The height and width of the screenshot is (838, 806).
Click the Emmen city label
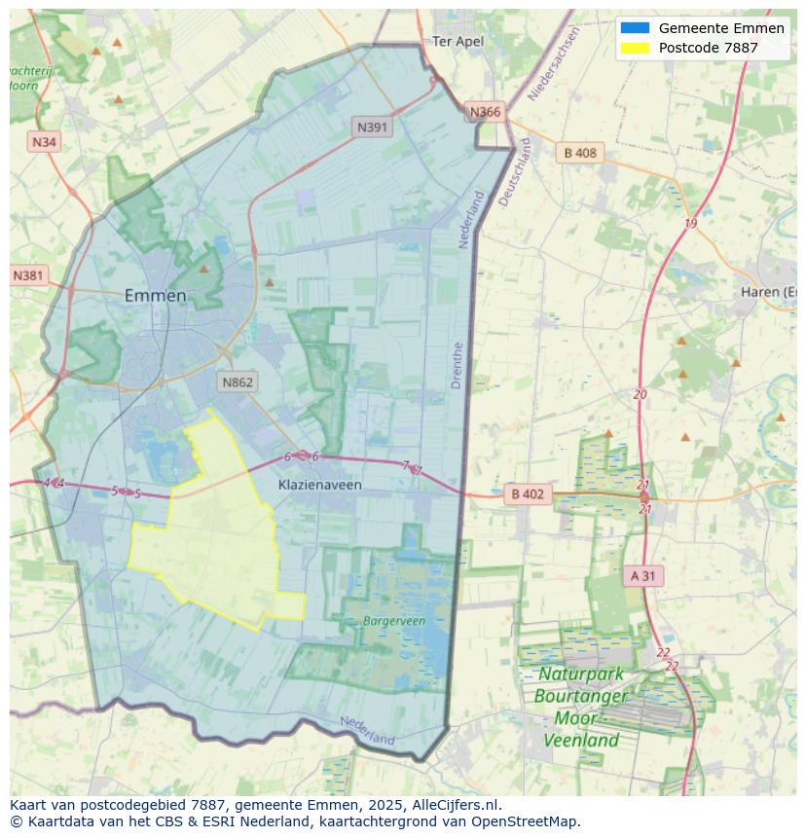pos(155,296)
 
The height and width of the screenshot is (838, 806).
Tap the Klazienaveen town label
pos(319,485)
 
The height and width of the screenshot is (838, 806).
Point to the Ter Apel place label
pos(458,42)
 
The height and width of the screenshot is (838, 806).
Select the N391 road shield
pos(373,127)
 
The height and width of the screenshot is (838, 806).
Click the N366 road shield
pos(485,112)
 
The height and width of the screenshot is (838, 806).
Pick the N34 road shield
pos(44,142)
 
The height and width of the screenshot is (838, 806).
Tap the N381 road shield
pos(28,275)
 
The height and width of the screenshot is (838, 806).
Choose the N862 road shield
pos(238,382)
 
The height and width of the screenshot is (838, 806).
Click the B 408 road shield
pos(580,153)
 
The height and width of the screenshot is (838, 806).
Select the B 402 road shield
pos(528,494)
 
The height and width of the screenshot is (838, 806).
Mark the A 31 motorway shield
pos(642,576)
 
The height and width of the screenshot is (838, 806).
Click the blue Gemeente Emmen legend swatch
pos(634,28)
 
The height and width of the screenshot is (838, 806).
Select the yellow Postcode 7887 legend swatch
pos(634,48)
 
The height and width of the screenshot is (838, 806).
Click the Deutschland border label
pos(514,171)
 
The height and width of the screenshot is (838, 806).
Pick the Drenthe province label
pos(458,365)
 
